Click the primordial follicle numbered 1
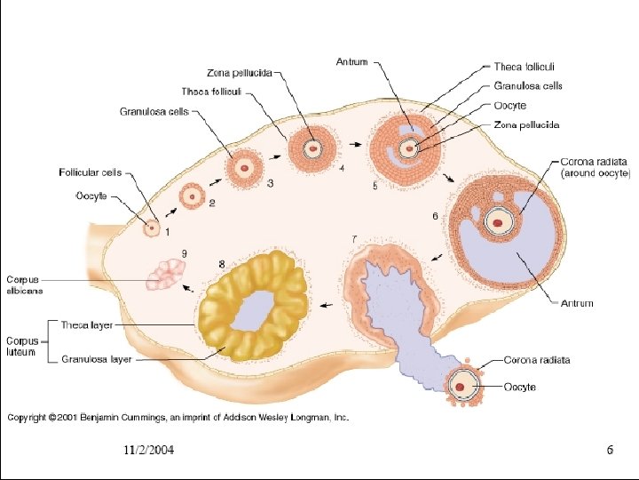(151, 228)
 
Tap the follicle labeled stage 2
(190, 196)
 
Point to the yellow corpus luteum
(254, 305)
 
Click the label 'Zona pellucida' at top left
(239, 72)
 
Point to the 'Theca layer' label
(87, 325)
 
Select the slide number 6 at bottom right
(610, 450)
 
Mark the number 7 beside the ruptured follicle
(355, 239)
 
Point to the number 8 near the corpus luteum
(221, 264)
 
